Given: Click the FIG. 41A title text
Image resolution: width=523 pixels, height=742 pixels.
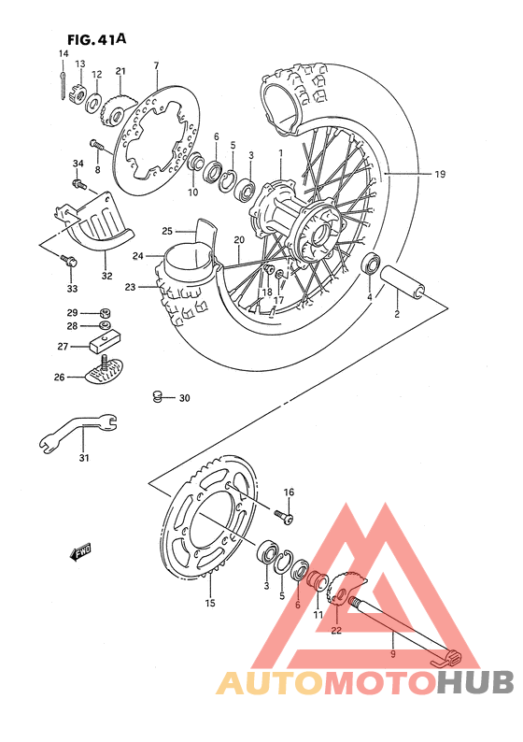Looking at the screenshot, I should (97, 39).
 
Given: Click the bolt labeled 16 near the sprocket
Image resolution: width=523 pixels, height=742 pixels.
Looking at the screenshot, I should (282, 514).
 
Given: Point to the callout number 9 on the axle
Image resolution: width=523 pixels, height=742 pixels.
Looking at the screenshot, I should (393, 654).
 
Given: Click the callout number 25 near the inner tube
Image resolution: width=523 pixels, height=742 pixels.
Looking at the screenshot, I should (168, 232).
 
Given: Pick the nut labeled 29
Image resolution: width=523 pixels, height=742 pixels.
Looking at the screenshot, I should (106, 312).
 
